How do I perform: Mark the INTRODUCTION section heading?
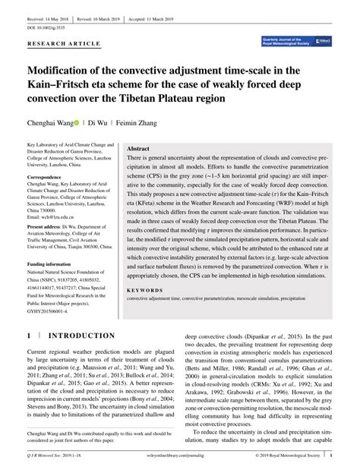(81, 335)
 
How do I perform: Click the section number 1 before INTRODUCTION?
(30, 335)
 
